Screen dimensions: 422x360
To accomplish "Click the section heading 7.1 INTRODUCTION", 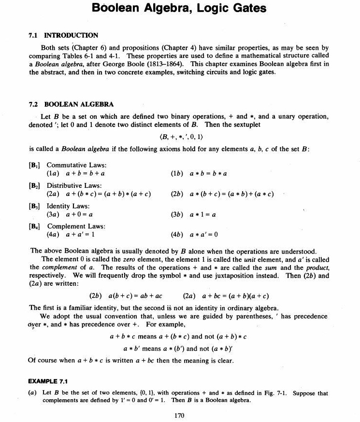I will pos(63,35).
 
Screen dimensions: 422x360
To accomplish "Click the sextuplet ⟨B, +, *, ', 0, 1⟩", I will pos(179,137).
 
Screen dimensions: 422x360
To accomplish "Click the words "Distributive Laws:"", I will pos(74,185).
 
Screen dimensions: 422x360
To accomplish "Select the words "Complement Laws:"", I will pos(76,226).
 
